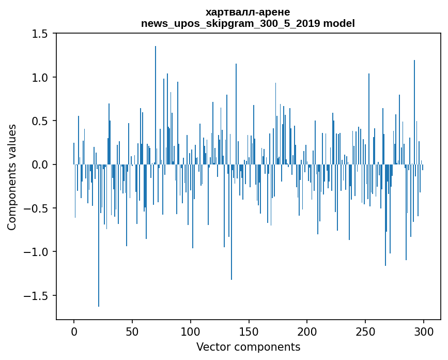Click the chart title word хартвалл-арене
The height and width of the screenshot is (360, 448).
(x=248, y=12)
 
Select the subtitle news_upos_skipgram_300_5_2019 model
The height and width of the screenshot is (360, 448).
(x=248, y=23)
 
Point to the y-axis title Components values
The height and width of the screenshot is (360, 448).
(x=12, y=177)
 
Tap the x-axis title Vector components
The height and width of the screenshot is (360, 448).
(x=248, y=347)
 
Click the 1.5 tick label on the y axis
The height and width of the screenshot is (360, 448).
(x=39, y=34)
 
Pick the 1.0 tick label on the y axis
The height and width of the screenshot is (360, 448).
(x=39, y=78)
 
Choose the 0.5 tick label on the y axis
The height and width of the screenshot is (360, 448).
(x=39, y=121)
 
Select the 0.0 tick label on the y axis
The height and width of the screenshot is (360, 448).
(x=39, y=165)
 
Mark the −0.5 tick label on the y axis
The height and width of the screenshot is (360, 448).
(x=36, y=208)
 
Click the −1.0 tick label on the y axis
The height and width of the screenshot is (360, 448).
(x=36, y=252)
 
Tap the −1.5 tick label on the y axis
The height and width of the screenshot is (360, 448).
(x=36, y=296)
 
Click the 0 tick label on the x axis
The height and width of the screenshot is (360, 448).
(x=74, y=331)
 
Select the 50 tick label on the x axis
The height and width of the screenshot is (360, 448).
(x=132, y=331)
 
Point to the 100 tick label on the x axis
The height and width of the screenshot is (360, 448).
(x=191, y=331)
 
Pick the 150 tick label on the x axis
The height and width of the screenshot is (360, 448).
(x=249, y=331)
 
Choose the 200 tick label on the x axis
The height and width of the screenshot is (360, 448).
(x=307, y=331)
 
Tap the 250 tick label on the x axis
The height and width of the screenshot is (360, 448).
(x=365, y=331)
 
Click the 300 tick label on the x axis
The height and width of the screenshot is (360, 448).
(x=424, y=331)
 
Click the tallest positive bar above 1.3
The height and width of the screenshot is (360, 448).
(x=156, y=103)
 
